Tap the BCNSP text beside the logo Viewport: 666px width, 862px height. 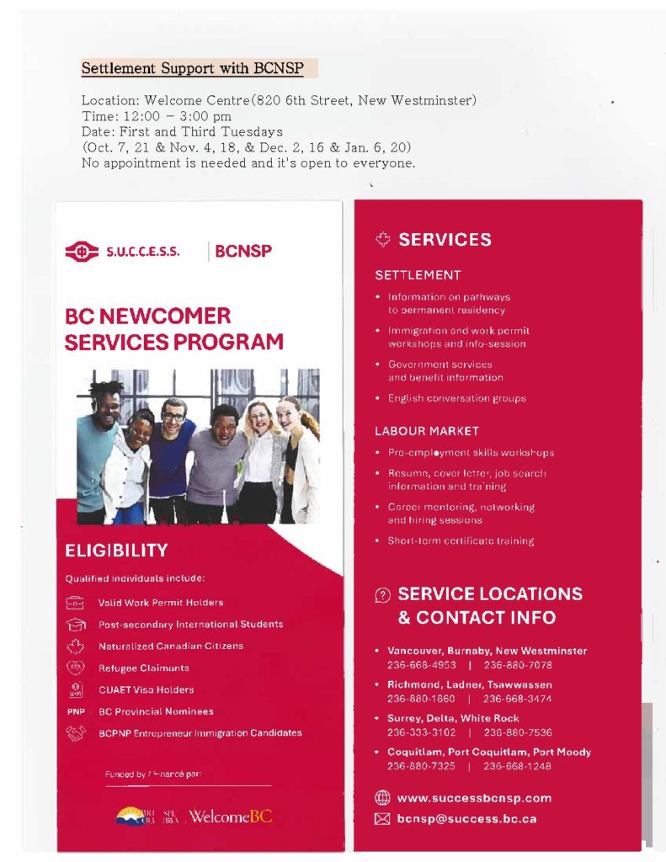[243, 251]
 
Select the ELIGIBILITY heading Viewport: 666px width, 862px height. [116, 551]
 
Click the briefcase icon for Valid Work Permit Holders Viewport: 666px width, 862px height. [76, 603]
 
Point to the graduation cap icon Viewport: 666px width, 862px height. [76, 625]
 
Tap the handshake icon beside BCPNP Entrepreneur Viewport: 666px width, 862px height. [76, 733]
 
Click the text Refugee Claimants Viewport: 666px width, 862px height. [143, 668]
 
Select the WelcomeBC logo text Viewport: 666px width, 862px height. [231, 817]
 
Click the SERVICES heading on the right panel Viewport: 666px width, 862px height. [445, 240]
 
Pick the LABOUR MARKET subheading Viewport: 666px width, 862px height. [427, 431]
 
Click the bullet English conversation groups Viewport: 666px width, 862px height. [456, 398]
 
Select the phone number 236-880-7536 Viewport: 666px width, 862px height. [518, 732]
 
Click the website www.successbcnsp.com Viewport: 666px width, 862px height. [474, 798]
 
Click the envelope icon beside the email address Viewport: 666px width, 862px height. [382, 818]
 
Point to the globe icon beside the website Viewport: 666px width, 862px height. [382, 798]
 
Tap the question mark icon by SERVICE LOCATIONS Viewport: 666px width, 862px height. [382, 595]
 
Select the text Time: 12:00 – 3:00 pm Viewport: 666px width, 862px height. [156, 116]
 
